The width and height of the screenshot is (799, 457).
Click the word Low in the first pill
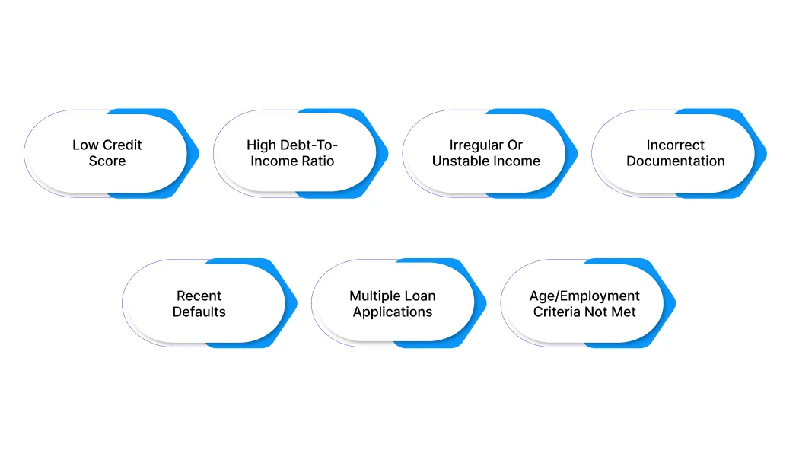[84, 145]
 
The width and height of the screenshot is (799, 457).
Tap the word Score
[107, 161]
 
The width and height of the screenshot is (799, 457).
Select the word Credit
[121, 145]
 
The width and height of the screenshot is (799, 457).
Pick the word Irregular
[471, 146]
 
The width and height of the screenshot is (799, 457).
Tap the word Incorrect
[676, 145]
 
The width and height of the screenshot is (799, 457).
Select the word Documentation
[676, 161]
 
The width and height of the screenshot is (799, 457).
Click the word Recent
[199, 296]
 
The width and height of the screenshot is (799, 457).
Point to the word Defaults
[199, 312]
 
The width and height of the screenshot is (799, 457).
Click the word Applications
[393, 312]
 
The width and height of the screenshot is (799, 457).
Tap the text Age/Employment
[584, 296]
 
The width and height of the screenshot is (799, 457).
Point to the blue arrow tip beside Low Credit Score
[198, 154]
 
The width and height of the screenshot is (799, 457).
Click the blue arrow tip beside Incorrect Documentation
[766, 154]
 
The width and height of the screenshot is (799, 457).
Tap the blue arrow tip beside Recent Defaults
[297, 303]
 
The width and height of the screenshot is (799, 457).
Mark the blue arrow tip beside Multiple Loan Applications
[485, 303]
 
